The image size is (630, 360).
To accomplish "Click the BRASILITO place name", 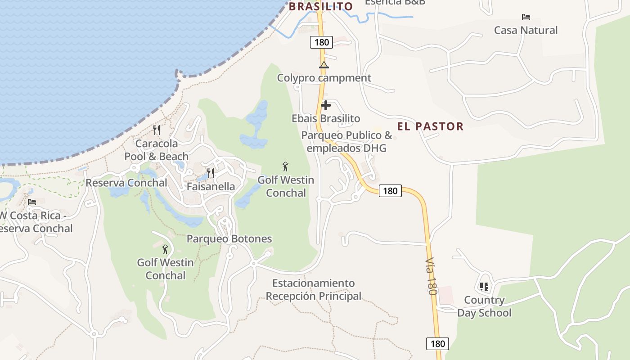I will point(320,6).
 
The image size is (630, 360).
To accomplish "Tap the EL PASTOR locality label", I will point(430,126).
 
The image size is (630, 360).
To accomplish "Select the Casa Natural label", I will point(526,30).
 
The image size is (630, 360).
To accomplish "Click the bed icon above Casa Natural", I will point(526,17).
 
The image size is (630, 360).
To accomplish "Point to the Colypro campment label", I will point(324,78).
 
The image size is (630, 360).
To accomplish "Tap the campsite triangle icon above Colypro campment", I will point(324,65).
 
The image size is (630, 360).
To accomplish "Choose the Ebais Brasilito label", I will point(326,118).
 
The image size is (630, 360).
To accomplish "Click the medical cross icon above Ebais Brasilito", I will point(326,106).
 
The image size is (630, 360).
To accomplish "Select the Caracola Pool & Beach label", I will point(157,150).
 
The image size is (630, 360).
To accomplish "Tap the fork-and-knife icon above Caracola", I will point(157,130).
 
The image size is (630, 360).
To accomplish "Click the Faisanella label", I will point(211,186).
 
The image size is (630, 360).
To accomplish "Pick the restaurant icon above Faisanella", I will point(211,173).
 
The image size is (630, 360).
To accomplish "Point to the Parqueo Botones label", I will point(229,238).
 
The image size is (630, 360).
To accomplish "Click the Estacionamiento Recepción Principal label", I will point(314,289).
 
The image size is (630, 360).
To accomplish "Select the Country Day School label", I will point(484,306).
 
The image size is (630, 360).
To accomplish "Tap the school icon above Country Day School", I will point(484,286).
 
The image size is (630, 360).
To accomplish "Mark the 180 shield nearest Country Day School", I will point(437,344).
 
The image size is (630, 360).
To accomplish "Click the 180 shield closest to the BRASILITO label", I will point(321,42).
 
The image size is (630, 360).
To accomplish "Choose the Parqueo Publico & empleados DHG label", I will point(346,142).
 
